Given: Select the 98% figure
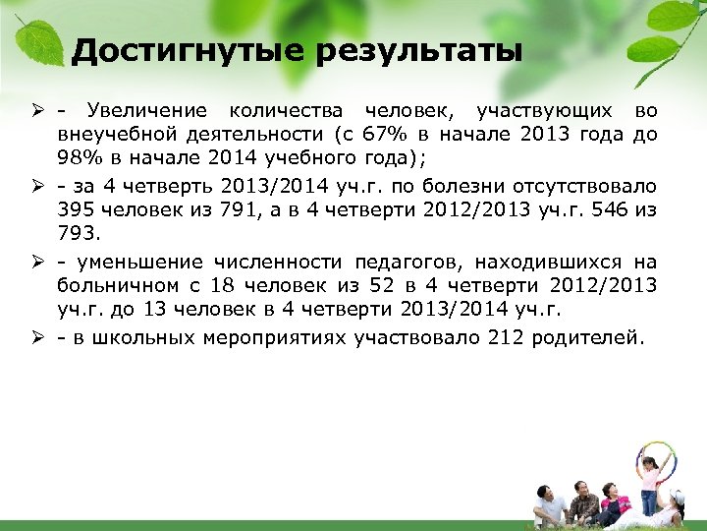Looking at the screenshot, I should pyautogui.click(x=78, y=159).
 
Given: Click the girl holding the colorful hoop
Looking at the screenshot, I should pyautogui.click(x=651, y=482).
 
